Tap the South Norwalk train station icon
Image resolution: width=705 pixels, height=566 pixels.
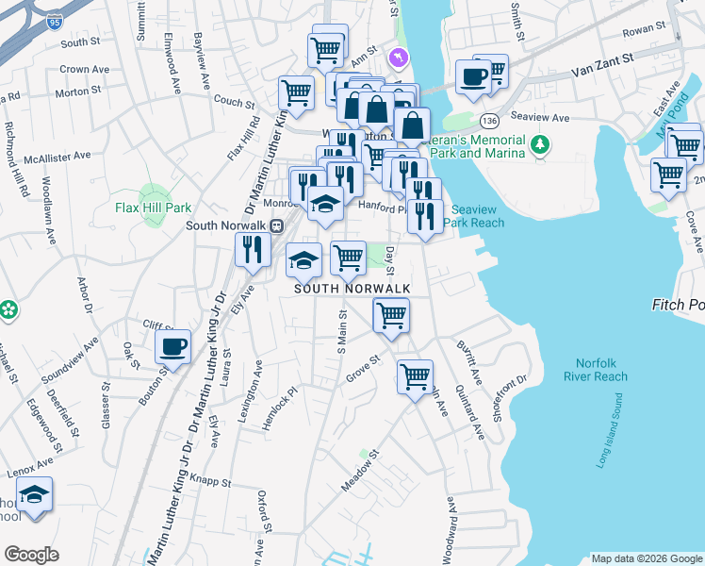tap(277, 225)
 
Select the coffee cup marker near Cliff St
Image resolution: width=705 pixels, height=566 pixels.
tap(172, 347)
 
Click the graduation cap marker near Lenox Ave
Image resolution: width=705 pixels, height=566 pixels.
tap(35, 495)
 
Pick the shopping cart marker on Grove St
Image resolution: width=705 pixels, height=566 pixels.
tap(414, 377)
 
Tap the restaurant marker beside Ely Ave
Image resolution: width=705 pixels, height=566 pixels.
tap(253, 250)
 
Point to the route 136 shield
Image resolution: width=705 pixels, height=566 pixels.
tap(488, 122)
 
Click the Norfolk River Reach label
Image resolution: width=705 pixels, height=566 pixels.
tap(595, 370)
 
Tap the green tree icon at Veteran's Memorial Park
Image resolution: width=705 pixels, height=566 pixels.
tap(540, 144)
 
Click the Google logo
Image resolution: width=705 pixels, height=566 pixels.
tap(32, 555)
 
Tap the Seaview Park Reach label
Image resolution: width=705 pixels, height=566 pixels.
tap(476, 216)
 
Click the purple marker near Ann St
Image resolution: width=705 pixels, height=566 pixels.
tap(400, 58)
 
